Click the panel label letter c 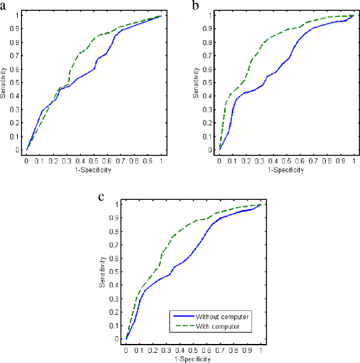point(102,196)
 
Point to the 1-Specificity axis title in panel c point(193,359)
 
